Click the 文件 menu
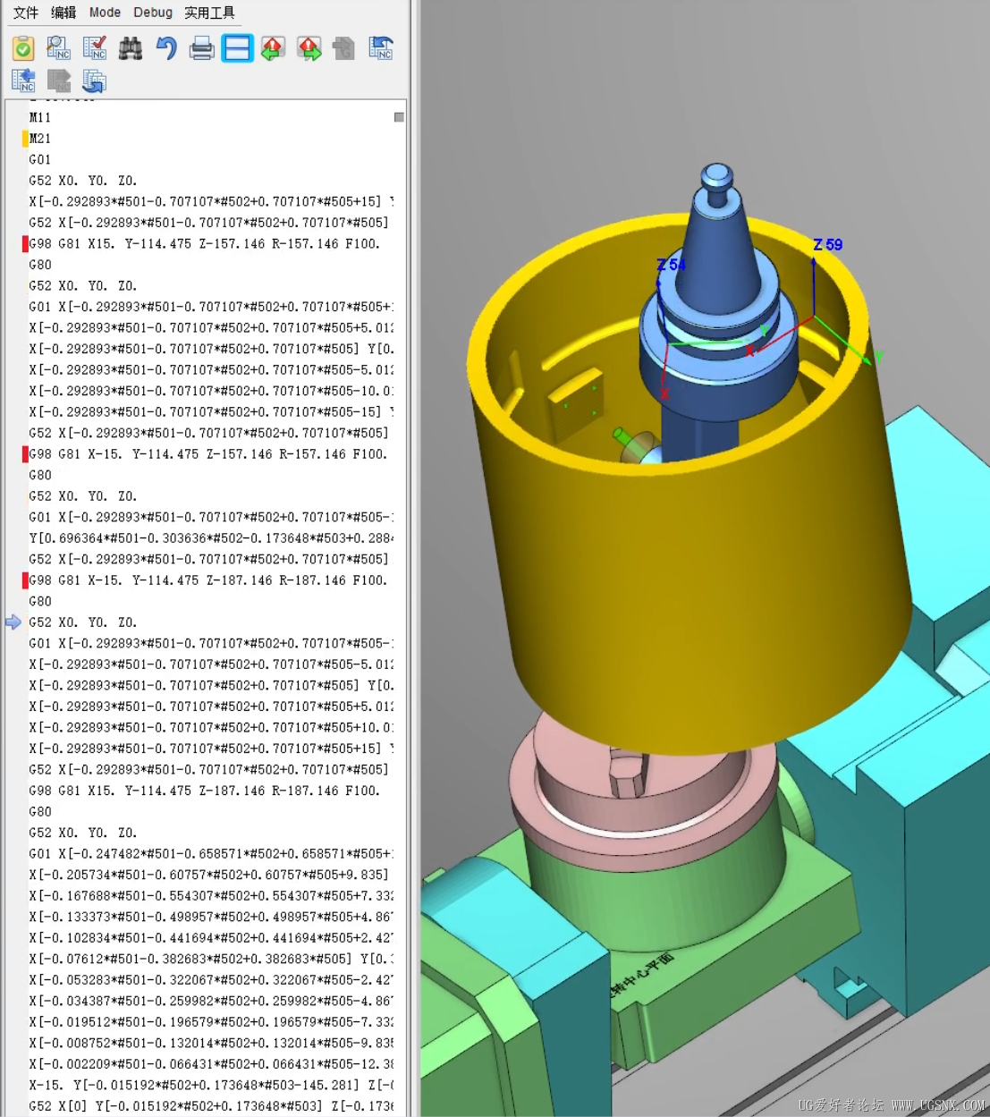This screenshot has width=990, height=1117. pos(26,13)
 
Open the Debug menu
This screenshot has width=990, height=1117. pos(153,13)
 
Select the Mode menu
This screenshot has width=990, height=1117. pos(105,13)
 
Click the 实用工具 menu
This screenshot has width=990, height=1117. pos(209,13)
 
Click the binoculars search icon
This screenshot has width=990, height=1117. pos(131,48)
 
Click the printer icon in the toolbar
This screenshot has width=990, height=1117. pos(202,48)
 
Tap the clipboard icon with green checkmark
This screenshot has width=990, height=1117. pos(23,48)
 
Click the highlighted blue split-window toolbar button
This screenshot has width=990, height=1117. pos(238,48)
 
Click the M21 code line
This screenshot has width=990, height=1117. pos(40,139)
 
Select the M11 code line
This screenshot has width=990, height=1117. pos(40,117)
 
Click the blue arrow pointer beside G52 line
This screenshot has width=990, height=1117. pos(13,622)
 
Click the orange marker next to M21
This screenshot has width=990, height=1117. pos(25,139)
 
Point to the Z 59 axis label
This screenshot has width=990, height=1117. pos(827,245)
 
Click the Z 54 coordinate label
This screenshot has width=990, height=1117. pos(671,265)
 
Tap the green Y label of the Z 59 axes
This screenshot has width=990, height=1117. pos(878,357)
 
